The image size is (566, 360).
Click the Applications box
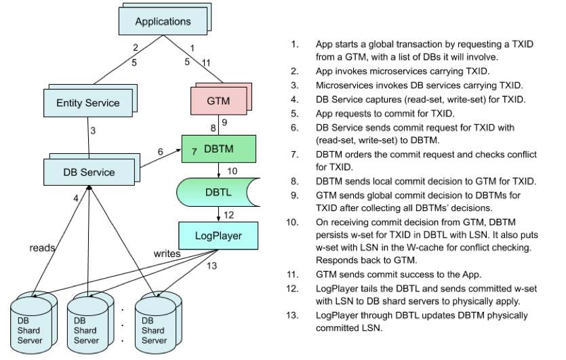163,22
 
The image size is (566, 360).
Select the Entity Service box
88,103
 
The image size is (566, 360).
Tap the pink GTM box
218,101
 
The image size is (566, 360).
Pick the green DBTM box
219,149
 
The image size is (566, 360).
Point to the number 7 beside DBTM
194,152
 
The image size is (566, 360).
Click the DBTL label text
218,193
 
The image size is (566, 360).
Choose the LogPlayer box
218,236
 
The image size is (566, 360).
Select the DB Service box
89,172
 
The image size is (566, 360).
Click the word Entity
69,103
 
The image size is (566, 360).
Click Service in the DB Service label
98,172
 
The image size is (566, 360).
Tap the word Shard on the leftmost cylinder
29,331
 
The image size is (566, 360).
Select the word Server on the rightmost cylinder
155,340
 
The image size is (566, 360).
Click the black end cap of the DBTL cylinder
253,193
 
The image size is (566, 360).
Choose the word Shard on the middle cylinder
85,331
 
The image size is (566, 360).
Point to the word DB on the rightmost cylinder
148,321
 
